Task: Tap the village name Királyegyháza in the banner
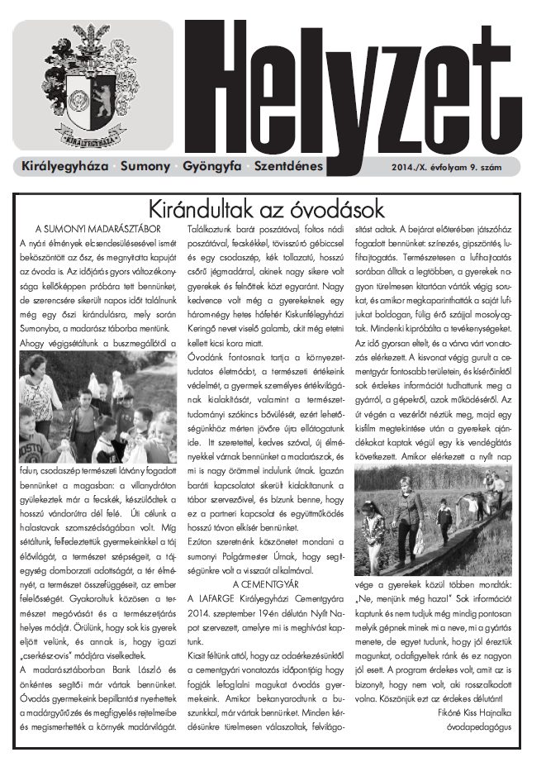pyautogui.click(x=64, y=166)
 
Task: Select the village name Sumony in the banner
pyautogui.click(x=145, y=166)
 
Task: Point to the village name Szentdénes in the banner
pyautogui.click(x=288, y=166)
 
